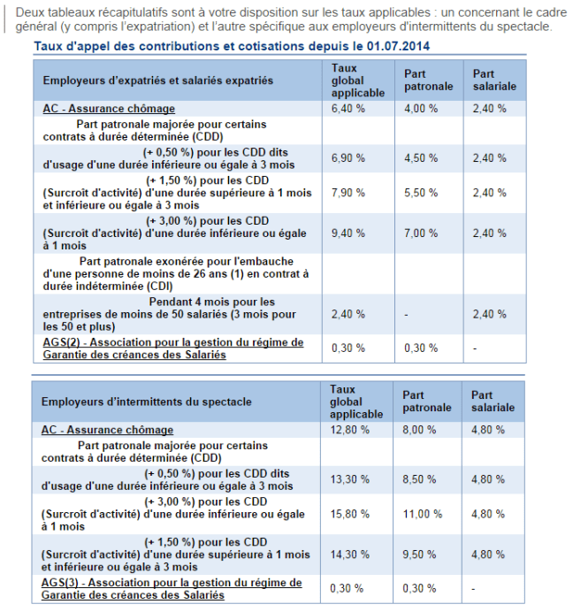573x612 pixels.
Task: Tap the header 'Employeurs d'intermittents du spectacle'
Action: tap(146, 402)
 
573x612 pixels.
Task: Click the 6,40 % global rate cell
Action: tap(348, 109)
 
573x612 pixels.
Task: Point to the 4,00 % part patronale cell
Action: tap(420, 109)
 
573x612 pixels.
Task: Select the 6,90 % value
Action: tap(348, 157)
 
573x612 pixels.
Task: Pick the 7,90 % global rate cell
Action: tap(348, 193)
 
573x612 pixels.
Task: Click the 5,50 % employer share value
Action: tap(420, 193)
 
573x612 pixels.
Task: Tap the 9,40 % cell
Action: tap(348, 233)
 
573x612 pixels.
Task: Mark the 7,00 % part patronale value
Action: tap(420, 233)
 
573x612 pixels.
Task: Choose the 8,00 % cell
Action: tap(420, 430)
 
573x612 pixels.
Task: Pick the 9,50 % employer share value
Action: tap(420, 555)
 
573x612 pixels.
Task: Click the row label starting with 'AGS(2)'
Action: tap(172, 348)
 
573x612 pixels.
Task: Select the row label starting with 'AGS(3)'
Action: tap(172, 588)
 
